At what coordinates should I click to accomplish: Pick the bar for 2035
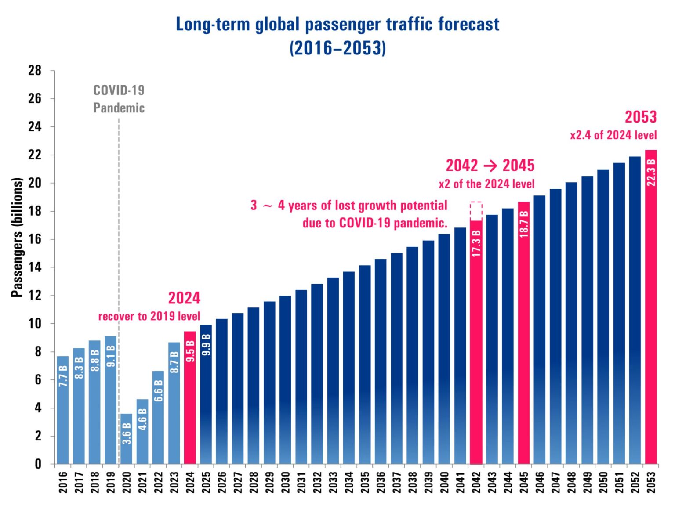[x=365, y=365]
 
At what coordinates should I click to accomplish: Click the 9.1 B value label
[x=111, y=356]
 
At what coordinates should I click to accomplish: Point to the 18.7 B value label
[x=524, y=224]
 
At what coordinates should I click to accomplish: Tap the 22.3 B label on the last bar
[x=651, y=173]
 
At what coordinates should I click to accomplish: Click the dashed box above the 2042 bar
[x=476, y=211]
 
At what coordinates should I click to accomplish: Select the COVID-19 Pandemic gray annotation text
[x=119, y=99]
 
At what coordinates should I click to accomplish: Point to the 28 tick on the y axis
[x=35, y=70]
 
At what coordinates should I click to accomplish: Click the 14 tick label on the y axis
[x=35, y=267]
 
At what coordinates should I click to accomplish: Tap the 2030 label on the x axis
[x=285, y=482]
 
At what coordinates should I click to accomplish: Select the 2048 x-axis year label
[x=571, y=482]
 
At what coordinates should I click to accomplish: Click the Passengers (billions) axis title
[x=17, y=238]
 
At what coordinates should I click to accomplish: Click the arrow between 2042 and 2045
[x=490, y=166]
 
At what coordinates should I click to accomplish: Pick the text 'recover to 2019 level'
[x=149, y=316]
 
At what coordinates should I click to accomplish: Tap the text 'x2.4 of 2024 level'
[x=613, y=135]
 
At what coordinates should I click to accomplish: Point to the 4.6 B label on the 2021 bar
[x=142, y=419]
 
